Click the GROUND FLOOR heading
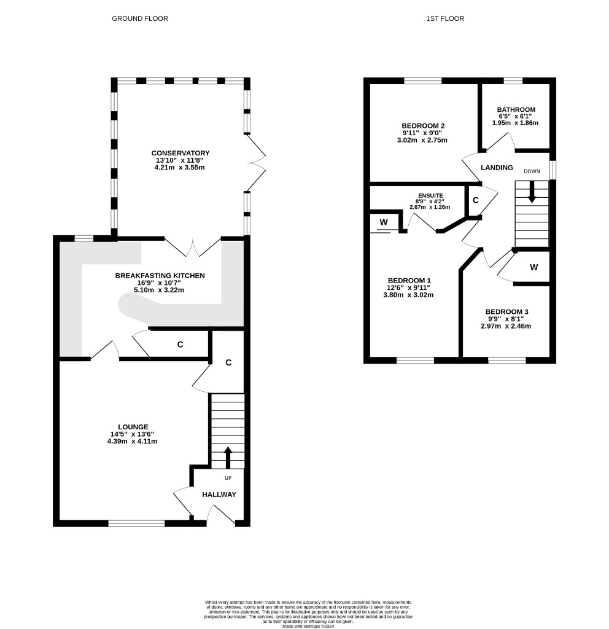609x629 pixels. coord(140,18)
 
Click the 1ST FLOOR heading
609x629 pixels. coord(445,18)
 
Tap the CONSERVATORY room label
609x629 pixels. coord(180,153)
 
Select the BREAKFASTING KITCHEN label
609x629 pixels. coord(160,276)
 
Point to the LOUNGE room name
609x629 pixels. coord(133,427)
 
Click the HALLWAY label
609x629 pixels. coord(219,494)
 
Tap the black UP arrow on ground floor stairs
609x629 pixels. coord(228,457)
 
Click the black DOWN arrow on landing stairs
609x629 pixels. coord(532,192)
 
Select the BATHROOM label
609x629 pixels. coord(516,109)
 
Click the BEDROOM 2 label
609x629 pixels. coord(423,126)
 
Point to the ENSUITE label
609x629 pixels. coord(430,195)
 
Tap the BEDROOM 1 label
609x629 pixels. coord(409,280)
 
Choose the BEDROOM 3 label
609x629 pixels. coord(506,311)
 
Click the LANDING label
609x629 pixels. coord(497,168)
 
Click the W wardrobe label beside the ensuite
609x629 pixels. coord(384,222)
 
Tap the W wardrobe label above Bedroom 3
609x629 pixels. coord(533,267)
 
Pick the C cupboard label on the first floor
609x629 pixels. coord(476,200)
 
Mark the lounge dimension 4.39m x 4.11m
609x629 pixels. coord(132,441)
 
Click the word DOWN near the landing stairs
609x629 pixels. coord(532,171)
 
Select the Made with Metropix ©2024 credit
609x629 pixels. coord(308,626)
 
